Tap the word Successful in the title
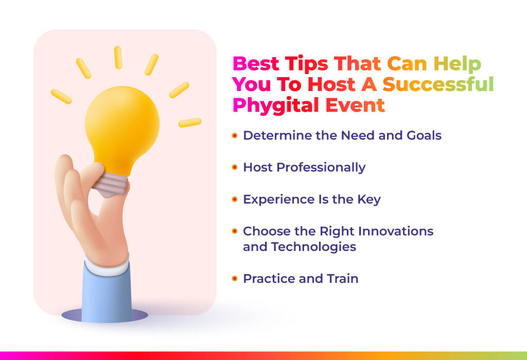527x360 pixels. pyautogui.click(x=438, y=84)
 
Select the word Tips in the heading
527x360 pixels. pyautogui.click(x=307, y=64)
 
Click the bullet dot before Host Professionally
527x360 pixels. pyautogui.click(x=235, y=167)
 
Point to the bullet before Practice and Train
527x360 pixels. pyautogui.click(x=235, y=278)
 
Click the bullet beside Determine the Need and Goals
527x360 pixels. pyautogui.click(x=235, y=135)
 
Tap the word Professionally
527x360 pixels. pyautogui.click(x=321, y=168)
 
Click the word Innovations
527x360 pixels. pyautogui.click(x=396, y=231)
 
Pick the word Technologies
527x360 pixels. pyautogui.click(x=313, y=247)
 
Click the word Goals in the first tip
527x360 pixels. pyautogui.click(x=424, y=135)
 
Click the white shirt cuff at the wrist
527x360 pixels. pyautogui.click(x=107, y=265)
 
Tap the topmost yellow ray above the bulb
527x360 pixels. pyautogui.click(x=118, y=58)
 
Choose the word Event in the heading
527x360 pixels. pyautogui.click(x=355, y=105)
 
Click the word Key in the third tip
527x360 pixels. pyautogui.click(x=369, y=200)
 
